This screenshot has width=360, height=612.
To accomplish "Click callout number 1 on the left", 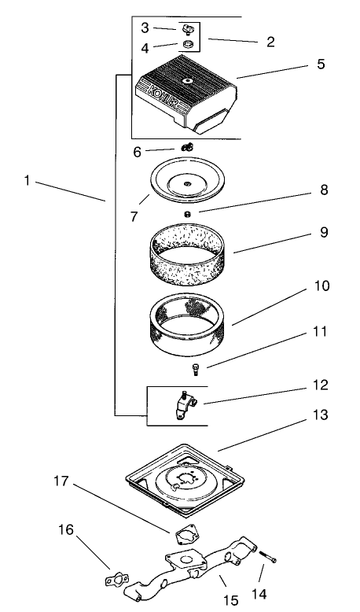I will tap(27, 180).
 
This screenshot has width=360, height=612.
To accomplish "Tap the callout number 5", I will tap(320, 65).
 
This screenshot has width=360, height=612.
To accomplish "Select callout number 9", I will tap(324, 234).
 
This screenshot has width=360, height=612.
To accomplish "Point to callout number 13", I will tap(321, 415).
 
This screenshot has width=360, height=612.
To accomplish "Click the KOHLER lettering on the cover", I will tap(162, 98).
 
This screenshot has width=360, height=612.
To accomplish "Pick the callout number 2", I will tap(270, 41).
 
